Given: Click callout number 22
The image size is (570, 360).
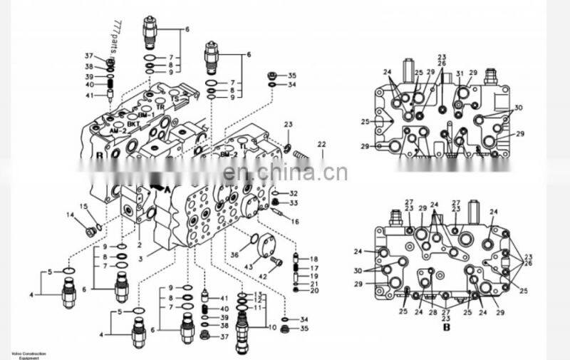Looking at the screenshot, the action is [321, 145].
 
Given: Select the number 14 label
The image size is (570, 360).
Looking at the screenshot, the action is [71, 215].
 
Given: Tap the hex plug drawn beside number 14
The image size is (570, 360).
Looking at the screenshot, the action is [90, 231].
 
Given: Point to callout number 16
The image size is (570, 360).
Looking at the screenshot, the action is [294, 222].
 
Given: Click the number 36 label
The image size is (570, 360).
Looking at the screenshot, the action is [234, 254].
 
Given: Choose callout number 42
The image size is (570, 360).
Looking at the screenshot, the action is [262, 275].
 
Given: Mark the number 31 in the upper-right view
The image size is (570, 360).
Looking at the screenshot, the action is [460, 73].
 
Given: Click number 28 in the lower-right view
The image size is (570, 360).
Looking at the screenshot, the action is [432, 312].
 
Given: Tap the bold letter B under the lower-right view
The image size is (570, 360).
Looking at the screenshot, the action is [447, 329].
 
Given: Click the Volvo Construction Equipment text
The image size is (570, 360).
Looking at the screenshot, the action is [27, 354].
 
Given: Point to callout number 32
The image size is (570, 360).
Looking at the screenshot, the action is [294, 193].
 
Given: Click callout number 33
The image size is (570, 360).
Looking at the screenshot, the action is [294, 202].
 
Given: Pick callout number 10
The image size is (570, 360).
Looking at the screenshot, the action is [272, 327].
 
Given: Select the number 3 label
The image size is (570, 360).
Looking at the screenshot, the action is [141, 257].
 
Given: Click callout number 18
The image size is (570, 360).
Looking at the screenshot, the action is [314, 259].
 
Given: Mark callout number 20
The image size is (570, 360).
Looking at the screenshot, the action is [314, 290].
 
